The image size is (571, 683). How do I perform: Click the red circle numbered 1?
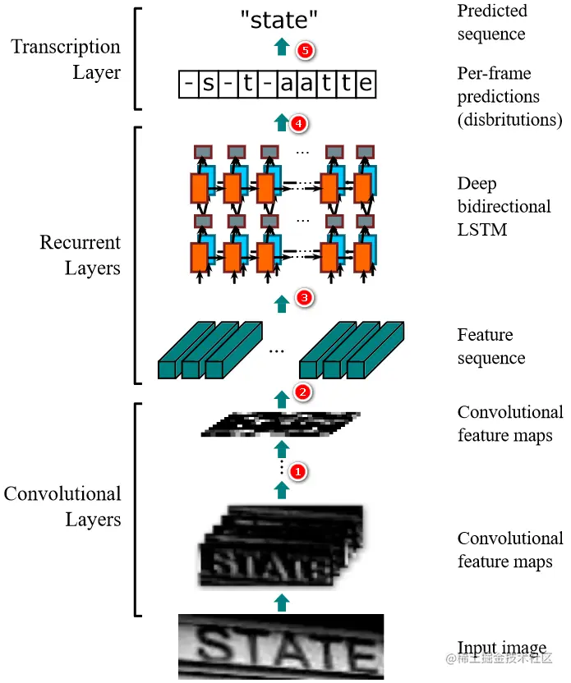[x=298, y=472]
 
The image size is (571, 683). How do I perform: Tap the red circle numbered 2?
[x=302, y=392]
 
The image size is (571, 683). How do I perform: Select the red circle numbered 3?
[x=303, y=298]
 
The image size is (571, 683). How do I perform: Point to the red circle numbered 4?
[x=299, y=124]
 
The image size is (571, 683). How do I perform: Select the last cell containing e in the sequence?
[x=366, y=84]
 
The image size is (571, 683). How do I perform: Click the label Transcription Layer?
[x=66, y=59]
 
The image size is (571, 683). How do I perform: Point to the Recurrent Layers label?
[x=80, y=255]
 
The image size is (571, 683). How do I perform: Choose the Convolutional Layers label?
[x=62, y=507]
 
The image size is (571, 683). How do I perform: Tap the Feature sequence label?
[x=490, y=346]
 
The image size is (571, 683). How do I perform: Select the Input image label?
[x=501, y=648]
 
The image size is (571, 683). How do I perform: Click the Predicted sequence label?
[x=491, y=22]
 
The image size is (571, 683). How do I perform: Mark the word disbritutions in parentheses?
[x=509, y=120]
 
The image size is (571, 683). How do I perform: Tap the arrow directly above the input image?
[x=282, y=603]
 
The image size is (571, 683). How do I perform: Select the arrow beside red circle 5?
[x=282, y=47]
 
